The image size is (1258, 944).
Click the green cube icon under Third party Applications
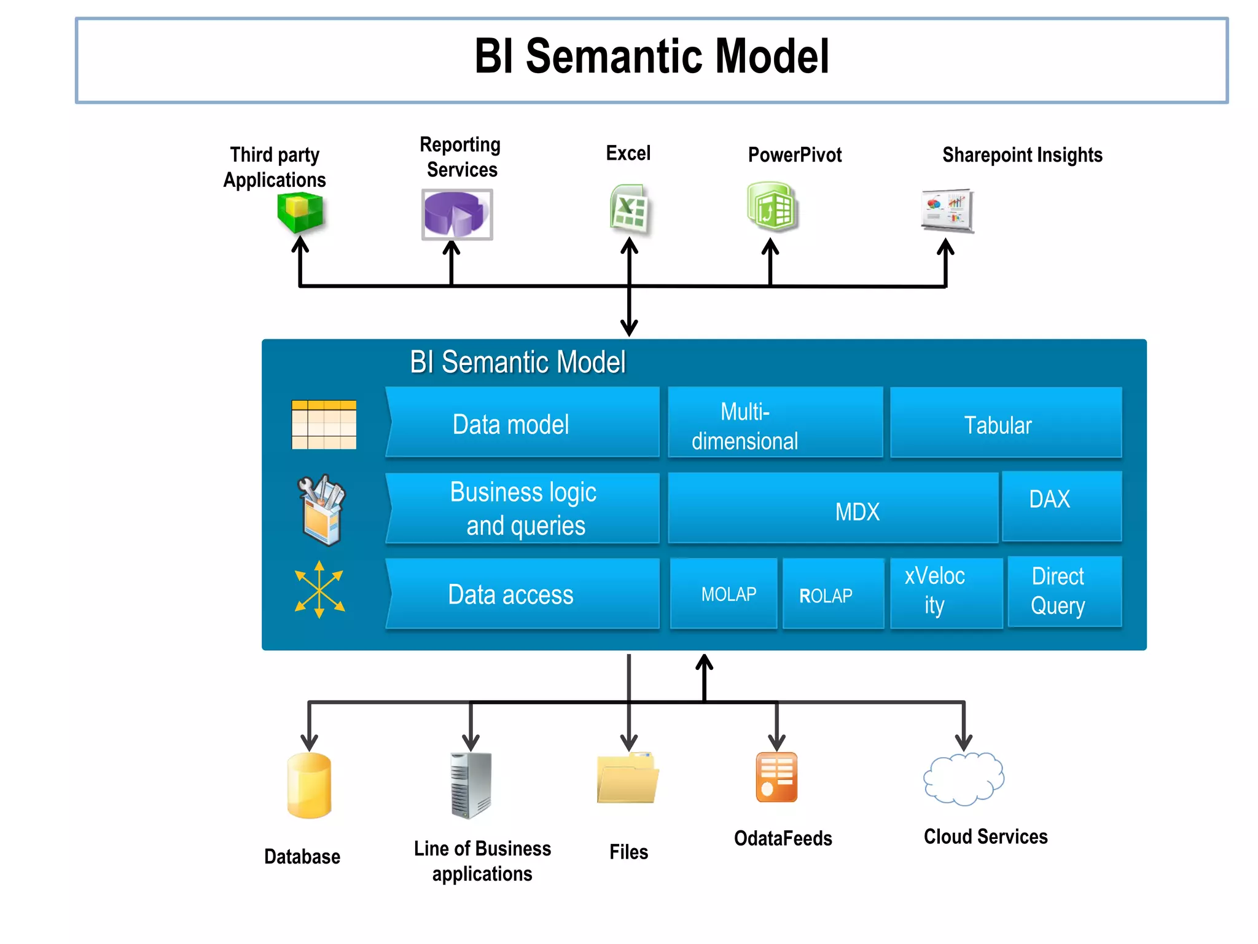click(x=300, y=212)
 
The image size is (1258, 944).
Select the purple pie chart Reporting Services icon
click(x=456, y=214)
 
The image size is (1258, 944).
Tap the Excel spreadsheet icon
click(x=628, y=209)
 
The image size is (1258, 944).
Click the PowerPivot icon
click(x=772, y=207)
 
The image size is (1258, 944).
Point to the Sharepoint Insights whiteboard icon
click(x=947, y=210)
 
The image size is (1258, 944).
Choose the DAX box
click(x=1061, y=505)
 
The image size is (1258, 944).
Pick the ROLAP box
click(x=832, y=594)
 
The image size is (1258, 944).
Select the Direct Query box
click(x=1065, y=591)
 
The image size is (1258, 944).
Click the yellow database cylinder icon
click(x=309, y=785)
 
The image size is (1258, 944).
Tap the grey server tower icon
click(x=471, y=785)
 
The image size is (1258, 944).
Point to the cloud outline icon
click(x=963, y=779)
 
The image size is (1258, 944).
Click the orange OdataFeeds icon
click(x=776, y=777)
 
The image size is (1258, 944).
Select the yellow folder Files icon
click(x=627, y=778)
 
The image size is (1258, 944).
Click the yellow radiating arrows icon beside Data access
click(x=319, y=589)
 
